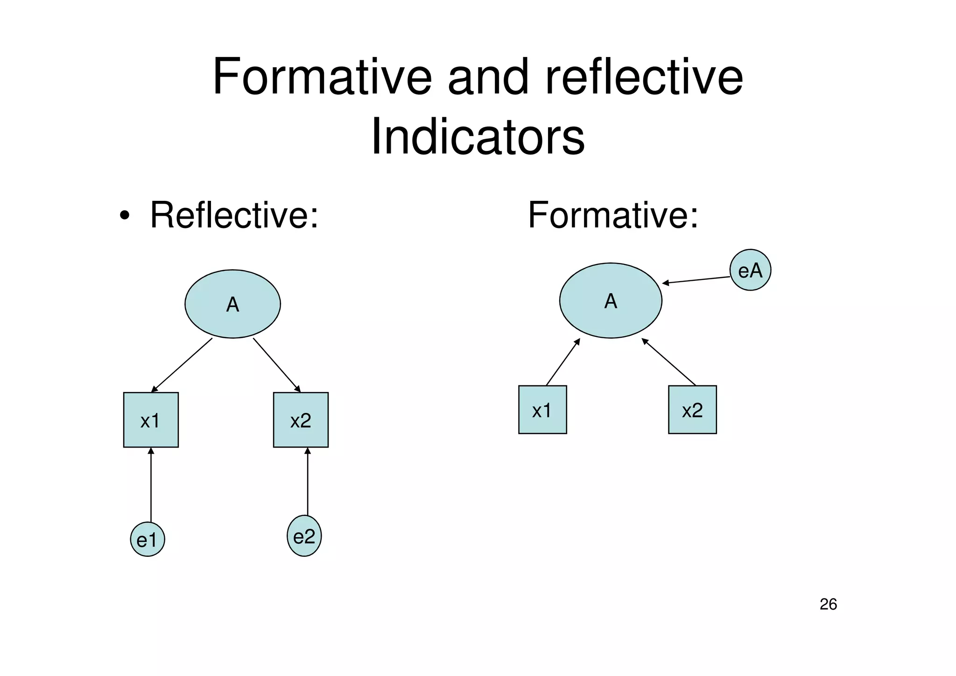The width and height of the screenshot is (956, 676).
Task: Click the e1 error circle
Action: (x=148, y=539)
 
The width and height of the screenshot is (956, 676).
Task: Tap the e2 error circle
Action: (x=304, y=536)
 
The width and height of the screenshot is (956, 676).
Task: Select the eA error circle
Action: (x=750, y=270)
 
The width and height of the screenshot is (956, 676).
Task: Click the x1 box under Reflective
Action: (x=151, y=420)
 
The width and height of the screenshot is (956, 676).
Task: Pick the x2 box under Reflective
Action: (x=301, y=420)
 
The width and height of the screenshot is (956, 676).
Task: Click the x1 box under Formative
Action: (x=542, y=410)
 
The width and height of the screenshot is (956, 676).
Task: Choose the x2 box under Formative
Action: (x=692, y=410)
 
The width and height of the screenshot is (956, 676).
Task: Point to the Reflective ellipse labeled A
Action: (x=232, y=304)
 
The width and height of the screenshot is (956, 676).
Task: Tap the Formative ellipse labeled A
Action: (x=611, y=300)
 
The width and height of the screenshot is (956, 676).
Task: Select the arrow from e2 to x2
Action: (x=307, y=481)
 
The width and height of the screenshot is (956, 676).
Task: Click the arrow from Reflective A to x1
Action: (x=182, y=365)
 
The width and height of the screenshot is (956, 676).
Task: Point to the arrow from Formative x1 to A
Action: (x=563, y=362)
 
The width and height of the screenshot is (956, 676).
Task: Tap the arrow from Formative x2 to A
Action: (x=669, y=362)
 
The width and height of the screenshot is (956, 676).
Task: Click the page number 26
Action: (x=828, y=605)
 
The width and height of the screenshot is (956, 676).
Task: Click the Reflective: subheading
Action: (x=234, y=215)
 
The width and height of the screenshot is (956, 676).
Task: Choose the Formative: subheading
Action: (x=613, y=215)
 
